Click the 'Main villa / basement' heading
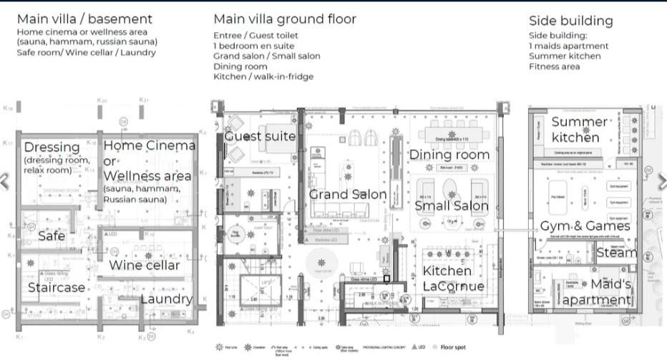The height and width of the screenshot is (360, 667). click(84, 19)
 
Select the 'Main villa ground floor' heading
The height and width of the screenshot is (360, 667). click(284, 19)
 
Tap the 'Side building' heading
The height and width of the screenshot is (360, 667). click(570, 21)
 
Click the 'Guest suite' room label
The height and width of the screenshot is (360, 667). click(260, 136)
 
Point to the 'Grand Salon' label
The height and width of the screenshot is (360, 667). click(348, 194)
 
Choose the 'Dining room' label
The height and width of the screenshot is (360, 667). click(449, 155)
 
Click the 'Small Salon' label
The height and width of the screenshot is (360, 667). click(452, 206)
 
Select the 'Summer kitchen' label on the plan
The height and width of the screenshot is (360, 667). click(578, 130)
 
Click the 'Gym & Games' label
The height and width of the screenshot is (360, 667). click(585, 226)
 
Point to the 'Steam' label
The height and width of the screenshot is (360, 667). click(616, 252)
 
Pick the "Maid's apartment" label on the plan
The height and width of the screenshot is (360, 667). click(597, 292)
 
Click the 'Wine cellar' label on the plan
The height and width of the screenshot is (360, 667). click(144, 266)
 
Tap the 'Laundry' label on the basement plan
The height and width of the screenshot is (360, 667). click(165, 298)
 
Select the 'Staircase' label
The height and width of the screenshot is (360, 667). click(57, 288)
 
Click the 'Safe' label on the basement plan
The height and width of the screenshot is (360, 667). click(52, 235)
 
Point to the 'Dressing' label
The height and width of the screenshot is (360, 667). click(52, 147)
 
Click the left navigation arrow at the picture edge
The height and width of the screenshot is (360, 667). click(4, 180)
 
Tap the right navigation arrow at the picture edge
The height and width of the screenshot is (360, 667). click(662, 180)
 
